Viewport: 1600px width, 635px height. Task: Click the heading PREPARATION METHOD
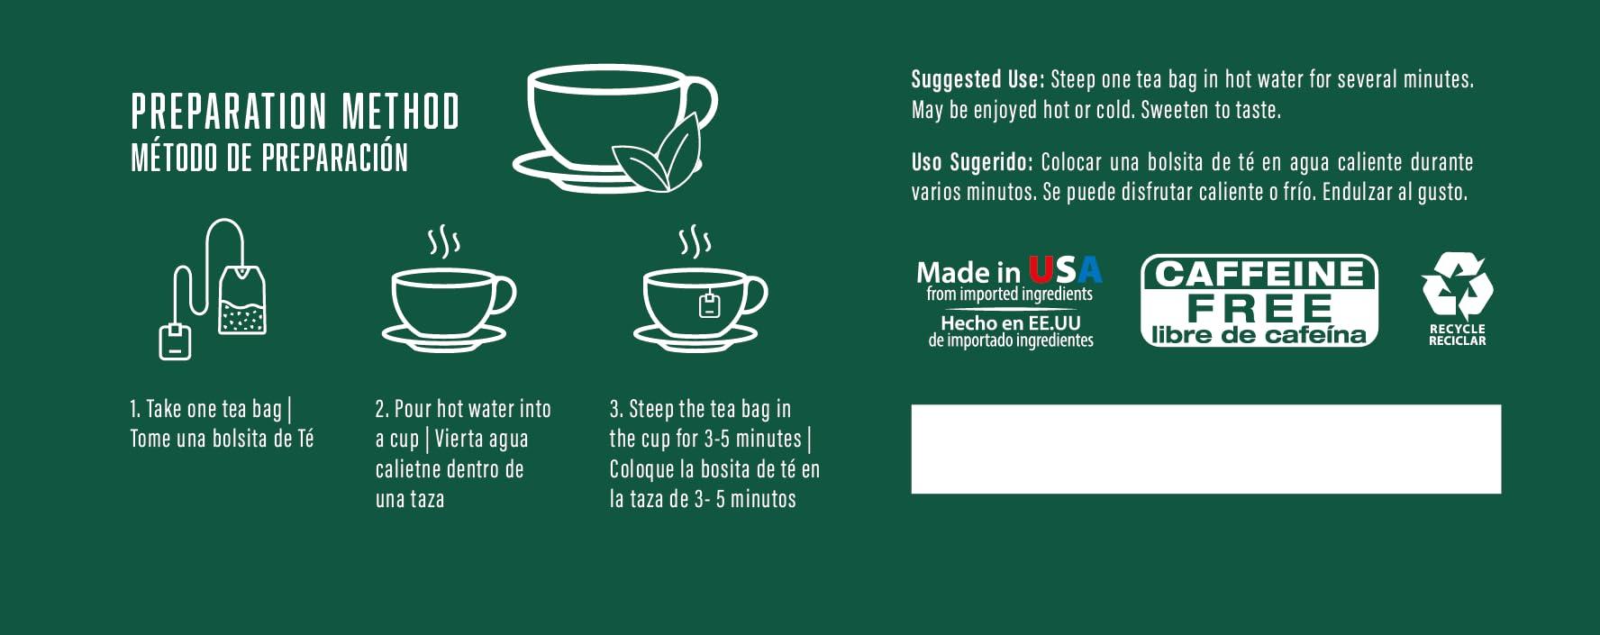[x=295, y=112]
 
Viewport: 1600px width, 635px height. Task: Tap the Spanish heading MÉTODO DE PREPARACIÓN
[x=269, y=157]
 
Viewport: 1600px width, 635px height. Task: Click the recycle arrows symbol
[x=1457, y=286]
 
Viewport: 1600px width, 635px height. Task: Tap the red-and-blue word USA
[x=1065, y=270]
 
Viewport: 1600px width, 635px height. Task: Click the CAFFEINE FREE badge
[x=1259, y=301]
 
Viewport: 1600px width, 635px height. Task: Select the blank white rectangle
[x=1206, y=449]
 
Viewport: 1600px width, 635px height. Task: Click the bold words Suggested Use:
[x=977, y=79]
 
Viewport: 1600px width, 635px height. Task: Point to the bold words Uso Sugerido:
[x=972, y=162]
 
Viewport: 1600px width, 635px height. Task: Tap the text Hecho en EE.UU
[x=1011, y=322]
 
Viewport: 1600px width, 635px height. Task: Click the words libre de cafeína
[x=1259, y=335]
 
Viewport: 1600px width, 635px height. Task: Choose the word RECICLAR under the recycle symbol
[x=1458, y=340]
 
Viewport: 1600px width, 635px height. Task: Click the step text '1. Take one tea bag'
[x=205, y=409]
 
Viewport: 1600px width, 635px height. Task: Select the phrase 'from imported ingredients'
[x=1010, y=294]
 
